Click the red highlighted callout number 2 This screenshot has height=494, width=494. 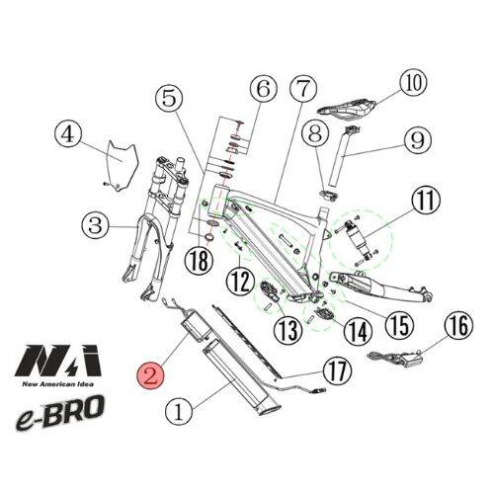(152, 374)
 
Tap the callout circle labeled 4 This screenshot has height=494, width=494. (66, 132)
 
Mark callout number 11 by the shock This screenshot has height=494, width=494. (425, 203)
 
